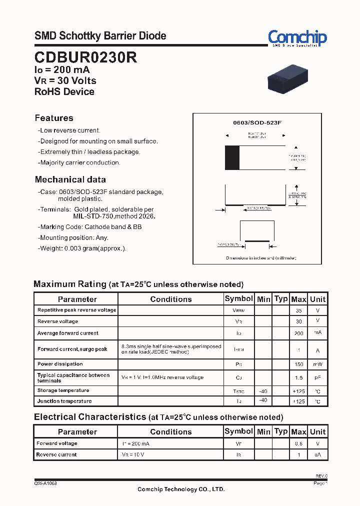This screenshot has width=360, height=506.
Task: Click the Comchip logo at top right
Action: (x=297, y=38)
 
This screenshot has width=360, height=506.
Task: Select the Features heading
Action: (x=54, y=118)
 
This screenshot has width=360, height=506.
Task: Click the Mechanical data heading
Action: (x=70, y=179)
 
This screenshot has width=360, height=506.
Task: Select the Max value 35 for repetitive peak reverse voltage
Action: (x=298, y=310)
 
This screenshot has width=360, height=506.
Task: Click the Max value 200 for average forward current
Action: (x=298, y=333)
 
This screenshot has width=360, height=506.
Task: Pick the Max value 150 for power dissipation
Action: (x=298, y=364)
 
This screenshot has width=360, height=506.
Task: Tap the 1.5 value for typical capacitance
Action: (x=298, y=378)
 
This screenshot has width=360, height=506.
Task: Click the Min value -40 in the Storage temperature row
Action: (x=263, y=390)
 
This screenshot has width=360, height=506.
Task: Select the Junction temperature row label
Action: (x=64, y=401)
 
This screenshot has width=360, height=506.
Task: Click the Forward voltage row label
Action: (x=57, y=443)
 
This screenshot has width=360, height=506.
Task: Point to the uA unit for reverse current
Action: (x=317, y=455)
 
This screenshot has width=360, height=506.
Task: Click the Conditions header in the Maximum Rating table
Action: (x=170, y=299)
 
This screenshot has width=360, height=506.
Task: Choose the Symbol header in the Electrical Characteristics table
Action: (x=238, y=431)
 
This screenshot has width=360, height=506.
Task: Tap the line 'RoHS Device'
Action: (x=64, y=91)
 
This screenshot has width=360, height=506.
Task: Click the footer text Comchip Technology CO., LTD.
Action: (x=181, y=489)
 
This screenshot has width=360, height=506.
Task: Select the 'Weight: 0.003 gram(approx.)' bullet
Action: (x=83, y=248)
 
